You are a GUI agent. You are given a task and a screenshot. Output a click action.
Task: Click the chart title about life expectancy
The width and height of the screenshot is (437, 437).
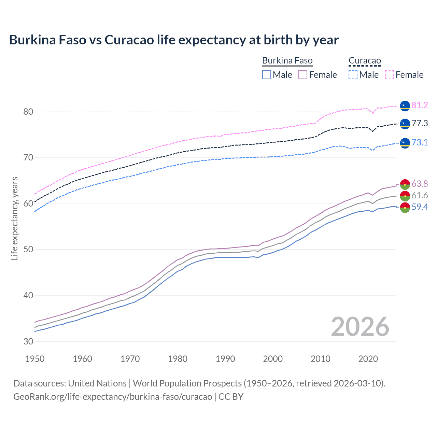pyautogui.click(x=173, y=40)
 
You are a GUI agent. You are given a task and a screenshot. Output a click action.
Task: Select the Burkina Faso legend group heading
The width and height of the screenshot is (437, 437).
pyautogui.click(x=287, y=61)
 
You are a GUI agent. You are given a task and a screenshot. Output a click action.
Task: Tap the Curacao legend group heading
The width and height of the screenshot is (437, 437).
pyautogui.click(x=365, y=61)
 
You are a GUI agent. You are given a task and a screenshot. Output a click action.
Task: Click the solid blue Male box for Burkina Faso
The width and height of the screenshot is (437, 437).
pyautogui.click(x=267, y=75)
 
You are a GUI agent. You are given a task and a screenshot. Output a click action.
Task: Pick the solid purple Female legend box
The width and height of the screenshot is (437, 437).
pyautogui.click(x=303, y=75)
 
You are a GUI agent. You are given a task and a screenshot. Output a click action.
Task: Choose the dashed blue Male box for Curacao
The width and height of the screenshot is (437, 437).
pyautogui.click(x=353, y=75)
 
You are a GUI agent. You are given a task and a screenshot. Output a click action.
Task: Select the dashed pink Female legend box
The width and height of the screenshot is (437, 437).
pyautogui.click(x=390, y=75)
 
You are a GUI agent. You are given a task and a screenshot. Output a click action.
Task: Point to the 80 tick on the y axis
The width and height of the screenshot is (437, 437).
pyautogui.click(x=28, y=112)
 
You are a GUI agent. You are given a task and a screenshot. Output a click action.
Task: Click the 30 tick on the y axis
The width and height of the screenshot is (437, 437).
pyautogui.click(x=28, y=341)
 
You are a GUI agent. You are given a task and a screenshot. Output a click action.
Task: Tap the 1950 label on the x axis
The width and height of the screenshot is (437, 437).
pyautogui.click(x=35, y=359)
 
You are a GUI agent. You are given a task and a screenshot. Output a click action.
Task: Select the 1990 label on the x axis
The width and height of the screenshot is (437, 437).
pyautogui.click(x=225, y=359)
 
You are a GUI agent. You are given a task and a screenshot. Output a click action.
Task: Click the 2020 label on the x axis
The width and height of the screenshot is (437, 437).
pyautogui.click(x=368, y=359)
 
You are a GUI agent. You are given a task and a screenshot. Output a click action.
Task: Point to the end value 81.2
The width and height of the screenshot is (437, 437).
pyautogui.click(x=420, y=105)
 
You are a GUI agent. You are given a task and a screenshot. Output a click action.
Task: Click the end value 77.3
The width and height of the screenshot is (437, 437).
pyautogui.click(x=420, y=123)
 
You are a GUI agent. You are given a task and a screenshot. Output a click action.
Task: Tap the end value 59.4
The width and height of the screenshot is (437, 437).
pyautogui.click(x=420, y=207)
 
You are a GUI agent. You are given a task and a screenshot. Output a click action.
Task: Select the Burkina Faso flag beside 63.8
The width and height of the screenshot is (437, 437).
pyautogui.click(x=405, y=184)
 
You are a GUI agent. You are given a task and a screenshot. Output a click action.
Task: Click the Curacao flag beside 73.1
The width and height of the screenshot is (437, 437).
pyautogui.click(x=405, y=143)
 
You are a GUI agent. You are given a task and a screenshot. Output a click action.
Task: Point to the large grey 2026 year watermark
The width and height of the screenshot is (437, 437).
pyautogui.click(x=360, y=327)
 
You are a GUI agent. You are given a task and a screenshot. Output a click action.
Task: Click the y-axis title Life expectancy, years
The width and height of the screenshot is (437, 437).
pyautogui.click(x=14, y=218)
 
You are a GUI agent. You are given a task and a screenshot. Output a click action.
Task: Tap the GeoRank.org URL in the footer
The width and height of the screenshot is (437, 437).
pyautogui.click(x=113, y=397)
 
